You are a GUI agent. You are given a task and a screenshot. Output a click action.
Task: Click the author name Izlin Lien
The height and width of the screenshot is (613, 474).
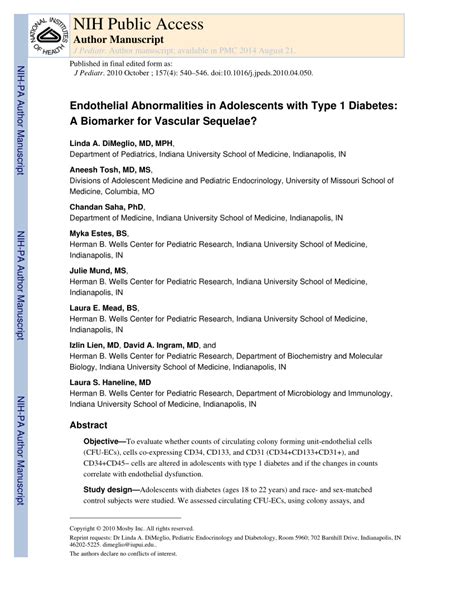[x=89, y=345]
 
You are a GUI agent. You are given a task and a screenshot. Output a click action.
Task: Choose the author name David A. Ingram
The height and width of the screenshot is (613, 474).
[x=159, y=345]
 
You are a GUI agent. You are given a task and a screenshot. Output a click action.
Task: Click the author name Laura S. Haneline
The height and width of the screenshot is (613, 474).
[x=110, y=382]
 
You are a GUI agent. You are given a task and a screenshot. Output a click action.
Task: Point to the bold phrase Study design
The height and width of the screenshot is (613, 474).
[x=109, y=488]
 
